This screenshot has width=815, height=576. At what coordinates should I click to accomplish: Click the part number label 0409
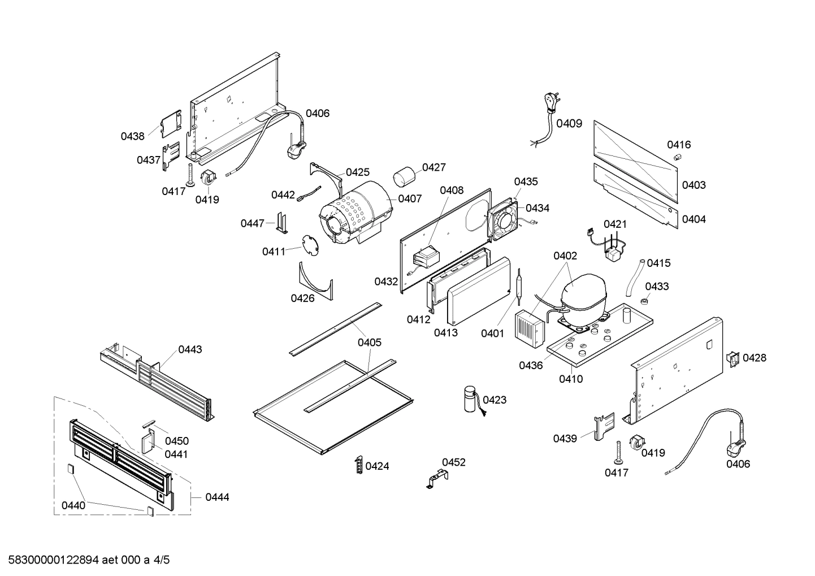click(569, 123)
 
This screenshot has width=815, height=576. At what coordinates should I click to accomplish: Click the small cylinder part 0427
click(404, 176)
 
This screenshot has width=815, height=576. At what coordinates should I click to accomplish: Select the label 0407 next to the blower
click(410, 198)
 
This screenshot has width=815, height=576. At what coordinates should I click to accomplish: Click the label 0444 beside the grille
click(217, 497)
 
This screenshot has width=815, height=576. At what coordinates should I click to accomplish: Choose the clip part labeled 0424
click(358, 465)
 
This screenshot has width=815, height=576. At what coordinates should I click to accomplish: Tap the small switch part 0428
click(732, 358)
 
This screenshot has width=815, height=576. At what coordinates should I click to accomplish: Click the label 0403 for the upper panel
click(693, 185)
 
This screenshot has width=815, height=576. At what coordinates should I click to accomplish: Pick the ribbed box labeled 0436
click(528, 327)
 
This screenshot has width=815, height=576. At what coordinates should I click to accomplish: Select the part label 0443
click(190, 349)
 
